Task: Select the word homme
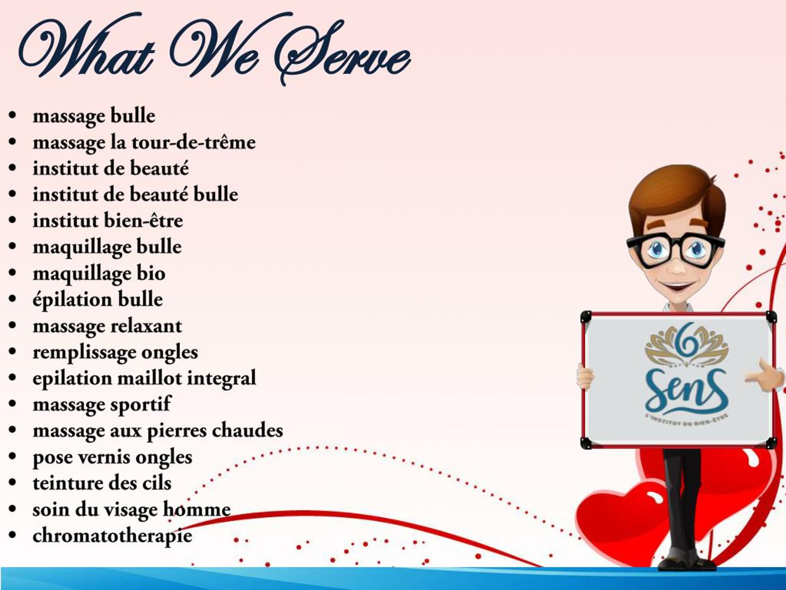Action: pos(196,509)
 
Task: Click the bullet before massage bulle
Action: pos(13,116)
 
